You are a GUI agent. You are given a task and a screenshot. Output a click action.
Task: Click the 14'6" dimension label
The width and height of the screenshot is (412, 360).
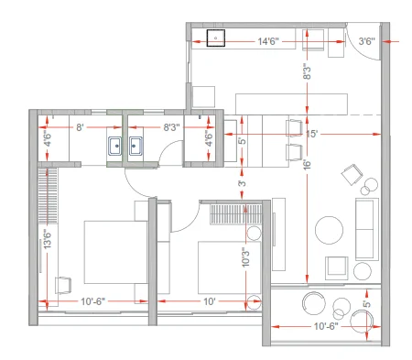268,41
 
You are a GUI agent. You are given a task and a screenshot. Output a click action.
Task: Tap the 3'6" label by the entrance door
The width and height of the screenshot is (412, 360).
366,41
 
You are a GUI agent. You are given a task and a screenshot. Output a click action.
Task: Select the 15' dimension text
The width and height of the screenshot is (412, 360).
312,134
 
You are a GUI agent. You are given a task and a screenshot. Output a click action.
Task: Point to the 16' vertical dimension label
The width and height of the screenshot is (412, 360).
307,164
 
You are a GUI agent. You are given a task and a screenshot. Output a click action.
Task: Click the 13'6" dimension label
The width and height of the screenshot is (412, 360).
48,239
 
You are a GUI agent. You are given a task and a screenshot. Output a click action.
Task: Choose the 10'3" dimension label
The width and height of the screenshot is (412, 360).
245,257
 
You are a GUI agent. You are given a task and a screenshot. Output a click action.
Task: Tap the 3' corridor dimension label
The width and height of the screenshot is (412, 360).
242,183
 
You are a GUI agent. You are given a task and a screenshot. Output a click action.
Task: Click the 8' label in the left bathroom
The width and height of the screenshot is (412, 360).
80,127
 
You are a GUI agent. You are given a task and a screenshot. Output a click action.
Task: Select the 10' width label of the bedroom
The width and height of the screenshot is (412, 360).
210,301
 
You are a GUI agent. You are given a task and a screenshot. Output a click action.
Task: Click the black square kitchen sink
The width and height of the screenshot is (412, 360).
216,38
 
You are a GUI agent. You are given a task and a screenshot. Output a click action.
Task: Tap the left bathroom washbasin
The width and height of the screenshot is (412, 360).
115,146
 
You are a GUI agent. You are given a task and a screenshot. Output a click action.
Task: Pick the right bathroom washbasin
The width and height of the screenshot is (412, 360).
136,146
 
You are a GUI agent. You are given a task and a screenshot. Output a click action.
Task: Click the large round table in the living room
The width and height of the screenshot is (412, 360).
329,230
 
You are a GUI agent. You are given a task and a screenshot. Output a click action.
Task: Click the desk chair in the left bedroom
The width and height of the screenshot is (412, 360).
63,285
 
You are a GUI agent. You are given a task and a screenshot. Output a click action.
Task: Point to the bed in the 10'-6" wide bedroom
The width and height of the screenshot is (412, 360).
115,252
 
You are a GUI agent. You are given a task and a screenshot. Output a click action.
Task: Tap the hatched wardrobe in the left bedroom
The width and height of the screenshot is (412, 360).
48,195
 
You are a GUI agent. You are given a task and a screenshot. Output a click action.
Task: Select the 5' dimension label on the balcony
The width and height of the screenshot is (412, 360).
367,304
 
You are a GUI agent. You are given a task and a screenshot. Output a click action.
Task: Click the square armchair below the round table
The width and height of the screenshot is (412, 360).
336,268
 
